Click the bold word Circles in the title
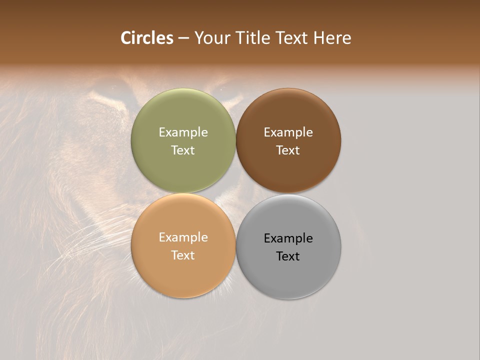[x=147, y=38]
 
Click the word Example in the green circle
[x=183, y=132]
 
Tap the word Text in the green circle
[x=183, y=150]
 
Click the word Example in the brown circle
[x=288, y=132]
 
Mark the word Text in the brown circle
[x=288, y=150]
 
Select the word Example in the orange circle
[x=183, y=237]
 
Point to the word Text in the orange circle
[x=183, y=255]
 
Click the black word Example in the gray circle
[x=288, y=238]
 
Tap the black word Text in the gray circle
[x=288, y=256]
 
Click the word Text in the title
[x=292, y=38]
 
